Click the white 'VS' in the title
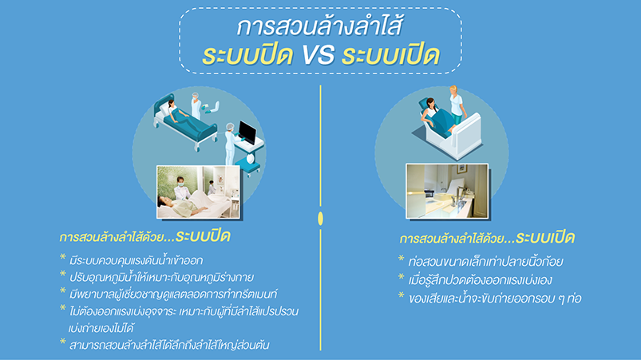coord(319,55)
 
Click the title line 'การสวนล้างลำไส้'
coord(320,26)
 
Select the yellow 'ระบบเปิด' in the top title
coord(391,54)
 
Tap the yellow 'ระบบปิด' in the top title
coord(247,54)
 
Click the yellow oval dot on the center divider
coord(321,219)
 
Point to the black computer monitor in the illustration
coord(247,132)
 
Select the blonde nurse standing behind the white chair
coord(457,105)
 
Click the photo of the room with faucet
coord(447,192)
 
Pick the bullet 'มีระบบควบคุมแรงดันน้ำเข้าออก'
coord(137,260)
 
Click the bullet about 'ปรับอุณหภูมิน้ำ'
coord(161,278)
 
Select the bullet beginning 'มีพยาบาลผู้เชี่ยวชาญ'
coord(173,295)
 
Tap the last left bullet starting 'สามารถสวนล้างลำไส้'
coord(169,346)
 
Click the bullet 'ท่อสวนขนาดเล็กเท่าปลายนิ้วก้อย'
coord(485,262)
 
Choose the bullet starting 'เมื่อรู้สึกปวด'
coord(481,280)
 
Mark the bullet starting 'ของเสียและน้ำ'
coord(495,299)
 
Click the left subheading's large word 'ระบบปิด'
coord(203,236)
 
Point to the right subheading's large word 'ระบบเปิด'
coord(545,237)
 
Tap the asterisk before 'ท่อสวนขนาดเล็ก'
coord(401,259)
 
